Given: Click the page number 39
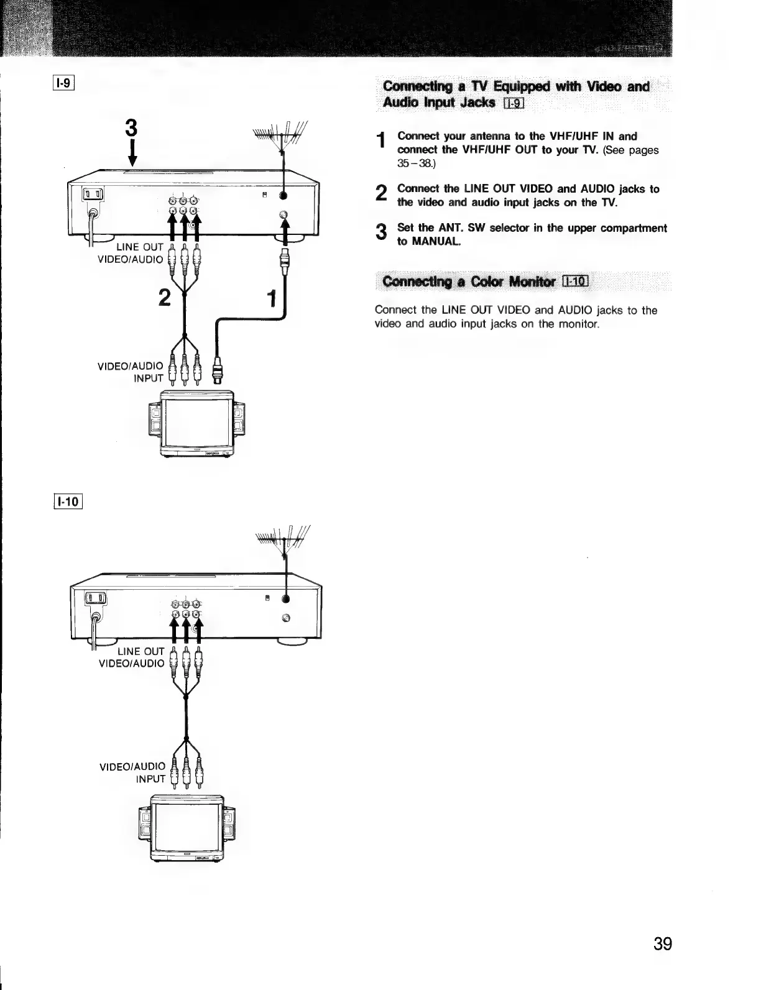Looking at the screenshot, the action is [x=663, y=944].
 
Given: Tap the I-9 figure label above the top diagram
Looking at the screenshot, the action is [x=64, y=82].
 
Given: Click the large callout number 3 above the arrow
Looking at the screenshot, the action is [x=131, y=129].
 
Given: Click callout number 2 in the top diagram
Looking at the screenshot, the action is [x=164, y=298].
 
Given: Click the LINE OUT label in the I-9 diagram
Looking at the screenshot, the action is [x=140, y=247].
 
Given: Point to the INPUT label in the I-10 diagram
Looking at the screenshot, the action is [x=150, y=779].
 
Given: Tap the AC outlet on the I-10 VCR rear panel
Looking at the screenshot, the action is [x=96, y=599].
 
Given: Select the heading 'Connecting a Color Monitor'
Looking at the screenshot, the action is [x=470, y=282].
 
